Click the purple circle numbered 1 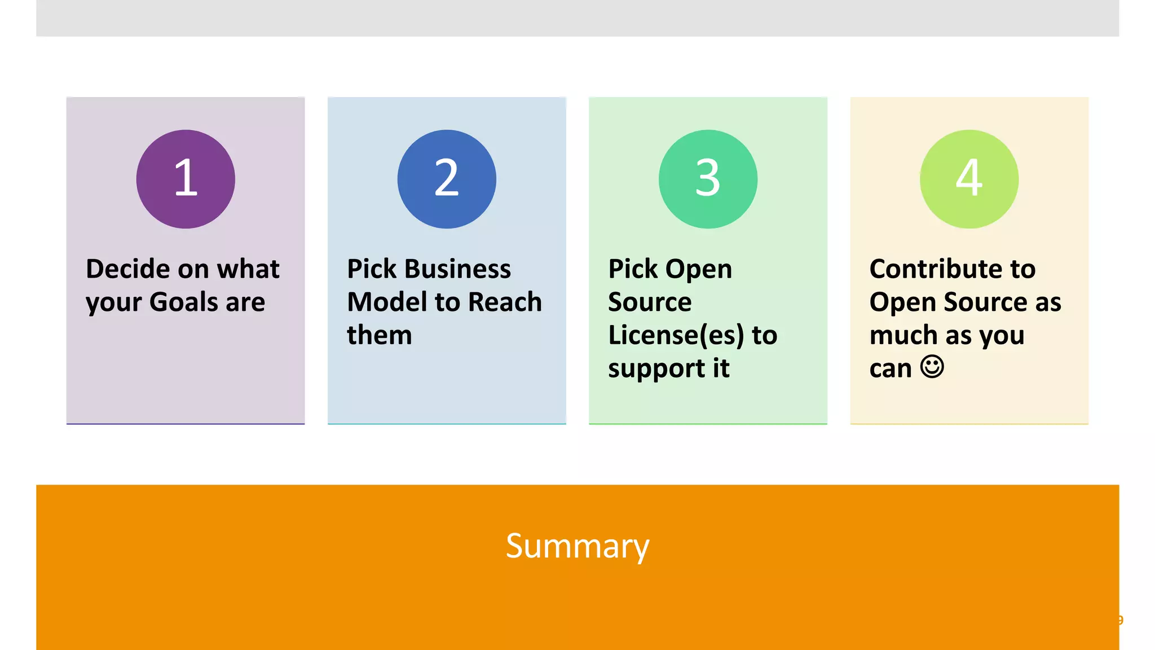point(186,179)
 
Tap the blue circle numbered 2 point(447,179)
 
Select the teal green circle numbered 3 point(708,179)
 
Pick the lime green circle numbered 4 point(969,179)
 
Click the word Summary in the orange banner point(577,546)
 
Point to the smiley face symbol point(932,367)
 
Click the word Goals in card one point(183,302)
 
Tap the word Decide point(127,269)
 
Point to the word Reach point(505,302)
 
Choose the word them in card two point(379,335)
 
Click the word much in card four point(903,335)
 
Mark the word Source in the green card point(650,302)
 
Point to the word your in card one point(113,303)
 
